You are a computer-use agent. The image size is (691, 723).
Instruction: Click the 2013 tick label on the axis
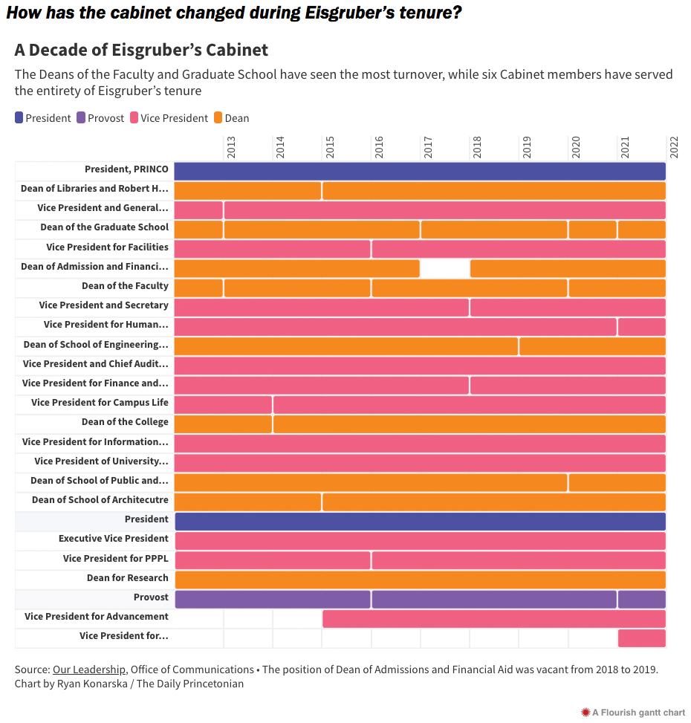coord(230,146)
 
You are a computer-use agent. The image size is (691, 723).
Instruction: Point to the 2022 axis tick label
coord(674,146)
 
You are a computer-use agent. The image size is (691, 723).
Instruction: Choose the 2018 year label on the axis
coord(477,146)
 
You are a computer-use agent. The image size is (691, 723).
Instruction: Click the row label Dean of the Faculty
coord(125,286)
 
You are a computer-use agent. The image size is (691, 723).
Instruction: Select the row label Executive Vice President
coord(114,539)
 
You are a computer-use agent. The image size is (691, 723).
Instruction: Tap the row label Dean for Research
coord(127,578)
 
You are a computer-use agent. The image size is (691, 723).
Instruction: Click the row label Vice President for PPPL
coord(115,558)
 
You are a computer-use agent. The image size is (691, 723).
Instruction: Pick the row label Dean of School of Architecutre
coord(100,500)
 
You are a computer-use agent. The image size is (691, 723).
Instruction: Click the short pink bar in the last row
coord(641,638)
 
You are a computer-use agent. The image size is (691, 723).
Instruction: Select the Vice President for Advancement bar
coord(493,618)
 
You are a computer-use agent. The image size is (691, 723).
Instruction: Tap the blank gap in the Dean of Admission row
coord(445,268)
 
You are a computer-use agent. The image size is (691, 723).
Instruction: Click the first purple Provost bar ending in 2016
coord(272,599)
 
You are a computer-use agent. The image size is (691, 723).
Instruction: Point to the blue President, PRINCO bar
coord(420,170)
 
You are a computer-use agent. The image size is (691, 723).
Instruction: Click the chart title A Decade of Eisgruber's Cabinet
coord(141,51)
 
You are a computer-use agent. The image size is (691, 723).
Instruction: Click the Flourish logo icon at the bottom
coord(585,713)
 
